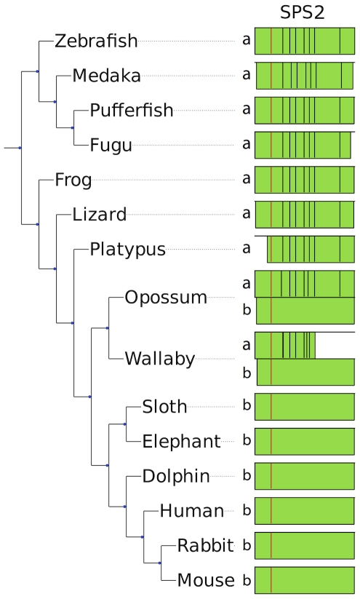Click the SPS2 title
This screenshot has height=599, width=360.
(303, 12)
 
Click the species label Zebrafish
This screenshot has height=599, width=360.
(96, 41)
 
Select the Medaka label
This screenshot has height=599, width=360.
(106, 76)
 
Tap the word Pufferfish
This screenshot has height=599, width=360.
(132, 111)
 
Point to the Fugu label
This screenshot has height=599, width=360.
(111, 146)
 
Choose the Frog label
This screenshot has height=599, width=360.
(73, 181)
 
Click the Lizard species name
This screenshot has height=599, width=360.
(99, 214)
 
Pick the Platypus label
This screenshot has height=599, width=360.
(127, 250)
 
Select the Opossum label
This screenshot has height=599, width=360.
(166, 298)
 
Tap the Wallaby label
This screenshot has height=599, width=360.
(160, 359)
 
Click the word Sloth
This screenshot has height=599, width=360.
(164, 407)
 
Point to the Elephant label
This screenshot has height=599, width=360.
(181, 442)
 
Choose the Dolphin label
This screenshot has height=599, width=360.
(176, 477)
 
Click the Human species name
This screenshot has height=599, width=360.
(192, 511)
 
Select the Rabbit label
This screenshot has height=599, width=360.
(205, 546)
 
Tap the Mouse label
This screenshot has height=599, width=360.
(206, 581)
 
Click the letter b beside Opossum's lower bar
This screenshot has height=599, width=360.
(247, 309)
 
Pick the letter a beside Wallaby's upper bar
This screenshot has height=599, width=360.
(247, 345)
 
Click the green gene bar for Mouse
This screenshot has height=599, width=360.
(305, 580)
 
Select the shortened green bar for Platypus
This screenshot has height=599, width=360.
(311, 250)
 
